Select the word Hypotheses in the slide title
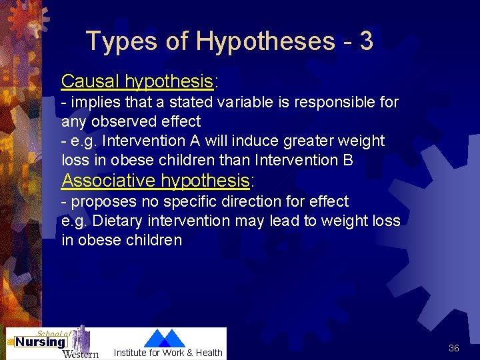(x=265, y=41)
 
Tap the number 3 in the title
(x=365, y=41)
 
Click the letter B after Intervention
(x=348, y=160)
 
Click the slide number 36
(x=454, y=348)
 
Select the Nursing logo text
(x=41, y=343)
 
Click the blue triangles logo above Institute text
(x=165, y=338)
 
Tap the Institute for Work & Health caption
(x=168, y=353)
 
